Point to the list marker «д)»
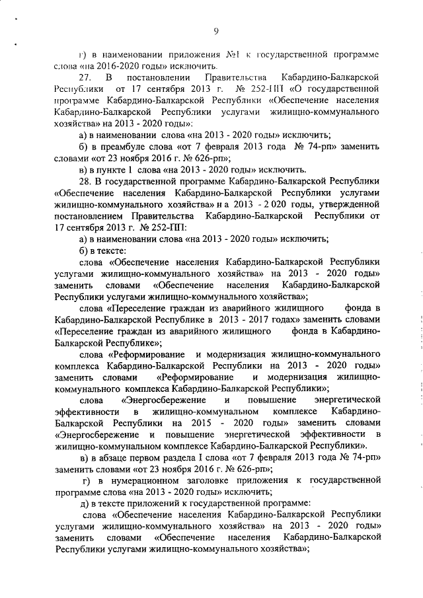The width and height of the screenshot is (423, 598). (x=83, y=502)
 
